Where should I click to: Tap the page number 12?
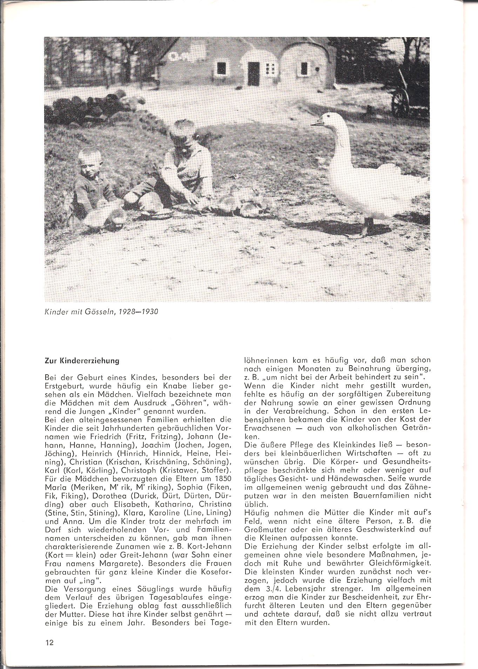click(x=49, y=642)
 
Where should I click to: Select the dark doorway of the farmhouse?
click(x=253, y=73)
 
